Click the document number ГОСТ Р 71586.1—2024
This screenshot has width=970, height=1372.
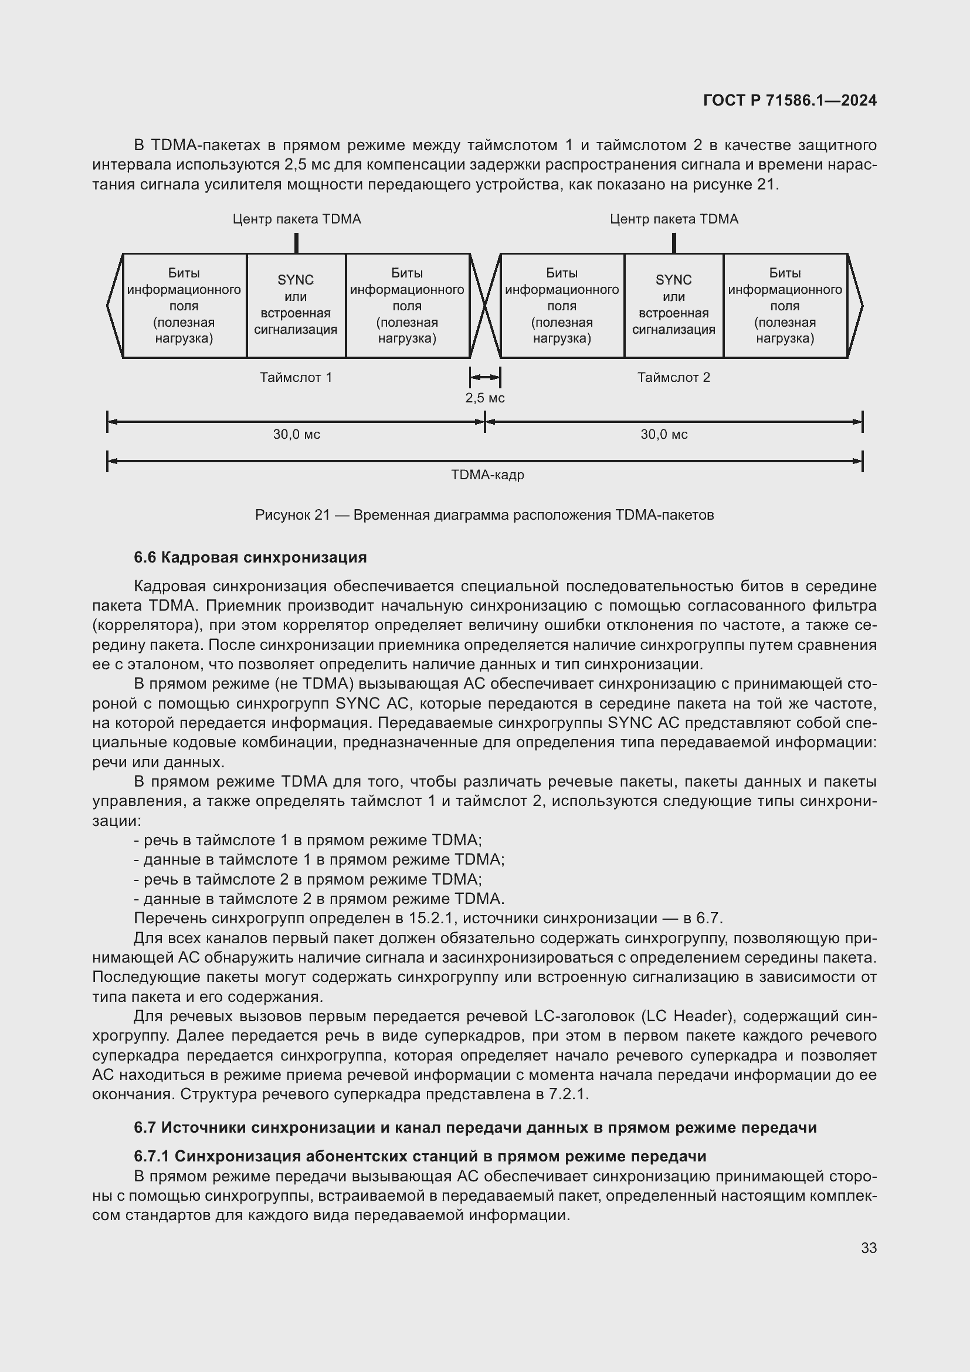[789, 100]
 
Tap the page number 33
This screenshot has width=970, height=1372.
[869, 1248]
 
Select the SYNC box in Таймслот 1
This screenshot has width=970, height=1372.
[296, 306]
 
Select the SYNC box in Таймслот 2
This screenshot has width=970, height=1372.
[674, 306]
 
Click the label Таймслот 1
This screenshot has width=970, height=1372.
[296, 378]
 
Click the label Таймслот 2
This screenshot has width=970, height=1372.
[674, 378]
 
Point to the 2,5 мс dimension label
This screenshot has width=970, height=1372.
[485, 398]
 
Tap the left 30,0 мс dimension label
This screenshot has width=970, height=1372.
[296, 435]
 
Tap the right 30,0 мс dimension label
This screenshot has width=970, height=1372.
[664, 435]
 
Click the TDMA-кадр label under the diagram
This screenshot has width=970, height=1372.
[487, 475]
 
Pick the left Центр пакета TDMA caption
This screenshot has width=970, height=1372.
[296, 219]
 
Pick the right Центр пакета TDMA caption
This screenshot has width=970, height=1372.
[674, 219]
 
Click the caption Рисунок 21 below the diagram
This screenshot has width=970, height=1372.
[484, 515]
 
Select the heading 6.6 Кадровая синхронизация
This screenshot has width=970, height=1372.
[250, 557]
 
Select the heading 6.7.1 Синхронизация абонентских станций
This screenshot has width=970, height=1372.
[420, 1156]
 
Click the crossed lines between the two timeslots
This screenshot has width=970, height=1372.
[485, 306]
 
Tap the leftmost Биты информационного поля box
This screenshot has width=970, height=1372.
[184, 306]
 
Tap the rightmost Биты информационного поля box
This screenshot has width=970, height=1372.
[785, 306]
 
